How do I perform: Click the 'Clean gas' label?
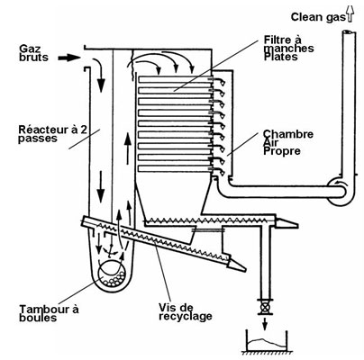pyautogui.click(x=318, y=17)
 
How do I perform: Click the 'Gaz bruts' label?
pyautogui.click(x=33, y=53)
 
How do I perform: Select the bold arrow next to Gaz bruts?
pyautogui.click(x=68, y=58)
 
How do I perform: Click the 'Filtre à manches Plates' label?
pyautogui.click(x=289, y=48)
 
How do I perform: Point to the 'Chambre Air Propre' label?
pyautogui.click(x=288, y=142)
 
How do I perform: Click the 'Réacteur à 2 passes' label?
pyautogui.click(x=53, y=134)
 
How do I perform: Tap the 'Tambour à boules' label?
pyautogui.click(x=49, y=313)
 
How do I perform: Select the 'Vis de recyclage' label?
pyautogui.click(x=186, y=311)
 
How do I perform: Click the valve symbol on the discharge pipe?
pyautogui.click(x=265, y=307)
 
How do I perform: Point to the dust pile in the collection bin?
pyautogui.click(x=266, y=344)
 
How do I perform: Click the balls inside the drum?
pyautogui.click(x=113, y=279)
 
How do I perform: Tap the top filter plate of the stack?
pyautogui.click(x=175, y=79)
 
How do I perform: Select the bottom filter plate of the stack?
pyautogui.click(x=175, y=168)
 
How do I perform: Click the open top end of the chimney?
pyautogui.click(x=349, y=32)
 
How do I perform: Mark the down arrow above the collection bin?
pyautogui.click(x=265, y=323)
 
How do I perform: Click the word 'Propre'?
pyautogui.click(x=282, y=151)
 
